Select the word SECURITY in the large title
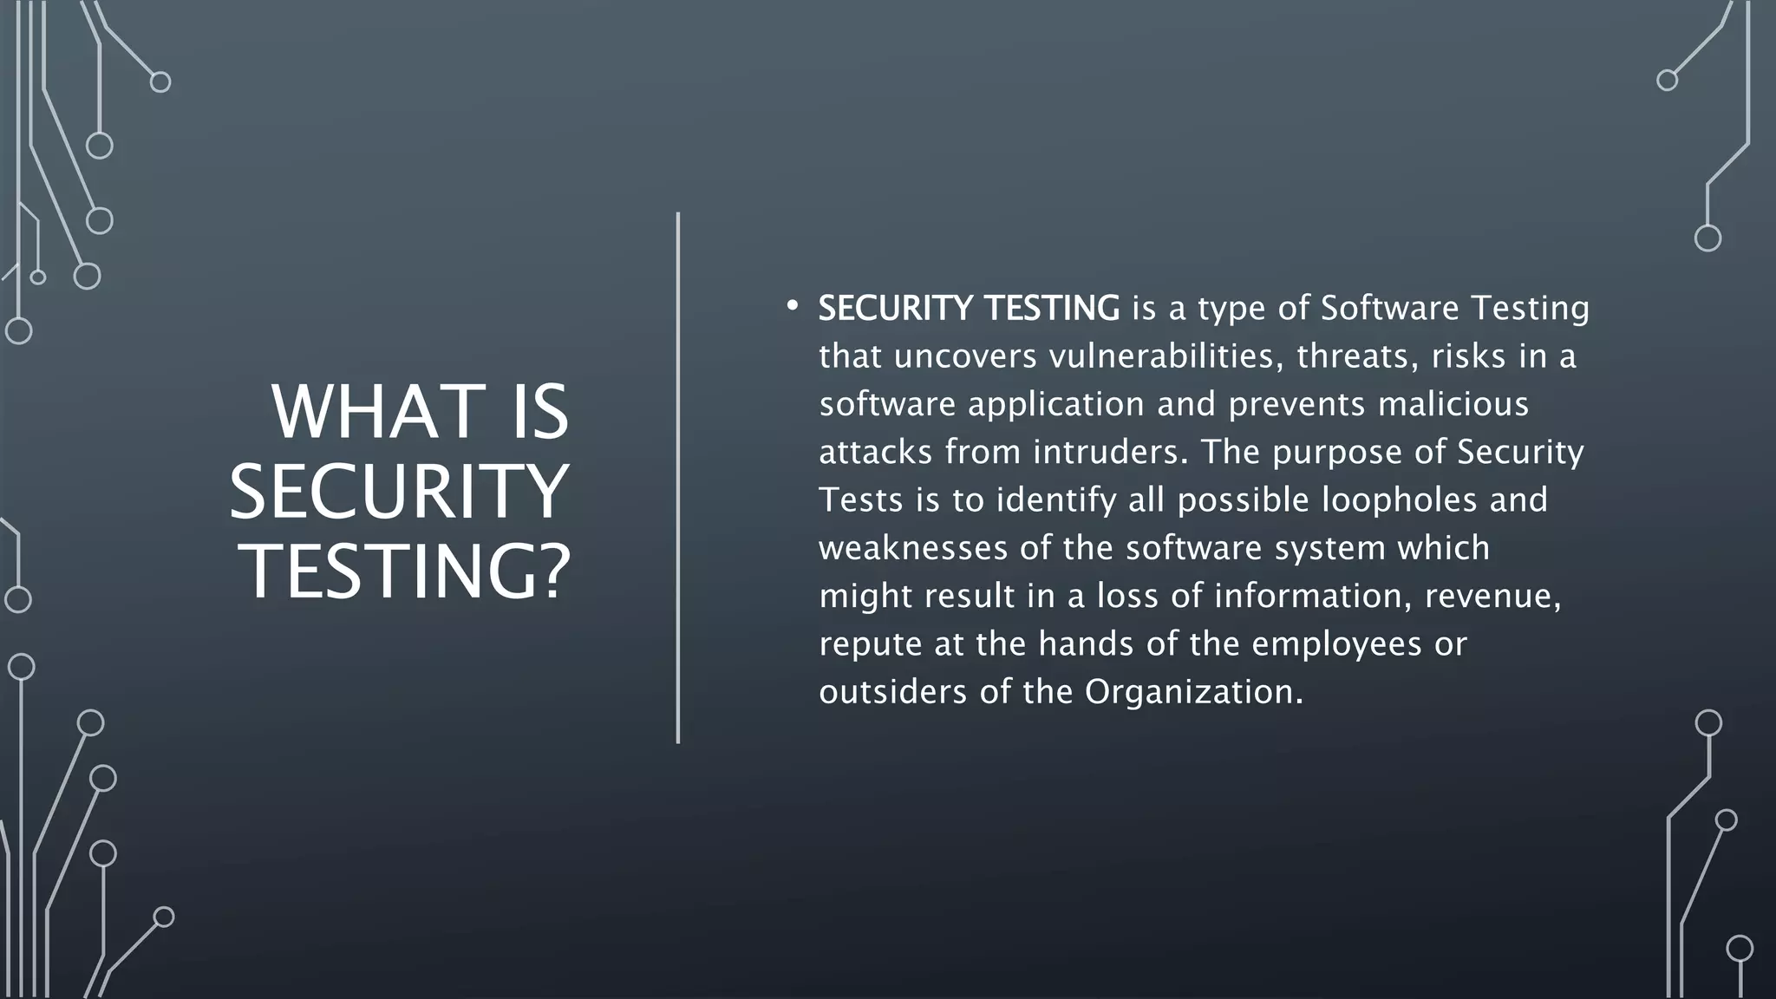(x=399, y=492)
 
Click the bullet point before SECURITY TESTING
(x=791, y=306)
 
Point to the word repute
(x=871, y=644)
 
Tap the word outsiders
(x=893, y=692)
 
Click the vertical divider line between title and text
(x=678, y=477)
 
